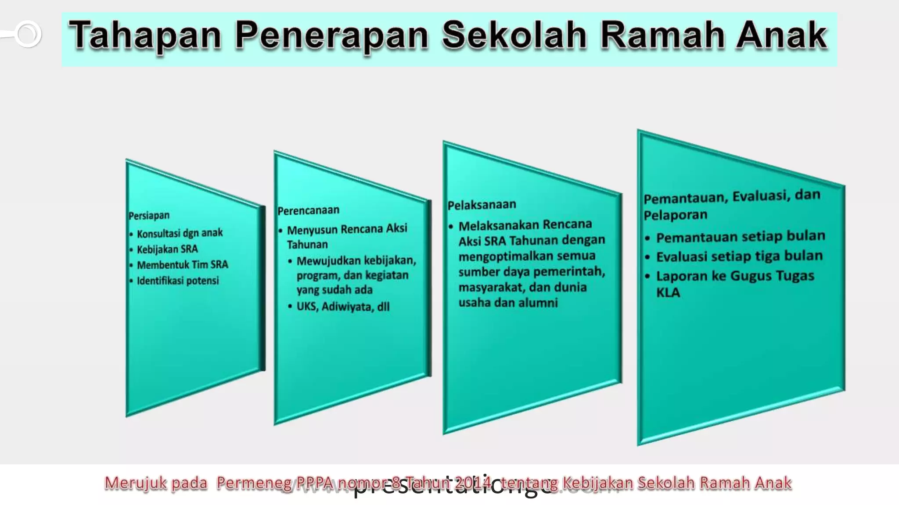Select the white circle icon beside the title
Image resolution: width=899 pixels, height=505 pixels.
[28, 34]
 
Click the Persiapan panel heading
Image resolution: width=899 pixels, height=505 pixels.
[149, 216]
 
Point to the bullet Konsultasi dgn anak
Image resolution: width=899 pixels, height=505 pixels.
[180, 233]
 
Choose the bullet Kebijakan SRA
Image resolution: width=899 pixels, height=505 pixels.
[167, 249]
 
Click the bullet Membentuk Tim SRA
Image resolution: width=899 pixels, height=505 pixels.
[182, 265]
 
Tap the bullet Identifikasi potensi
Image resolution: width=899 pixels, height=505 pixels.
[177, 281]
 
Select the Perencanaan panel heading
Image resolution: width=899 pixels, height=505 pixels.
[308, 210]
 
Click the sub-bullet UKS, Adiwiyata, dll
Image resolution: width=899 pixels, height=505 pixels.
[343, 306]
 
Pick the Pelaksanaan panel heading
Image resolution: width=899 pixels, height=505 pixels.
[482, 205]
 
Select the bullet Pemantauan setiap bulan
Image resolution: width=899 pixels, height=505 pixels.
[741, 237]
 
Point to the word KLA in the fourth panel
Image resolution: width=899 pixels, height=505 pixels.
[668, 292]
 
